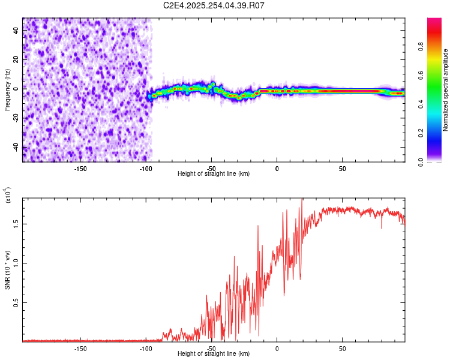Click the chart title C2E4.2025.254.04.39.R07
click(x=214, y=6)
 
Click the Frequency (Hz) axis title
click(x=7, y=90)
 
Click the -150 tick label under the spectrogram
click(x=80, y=168)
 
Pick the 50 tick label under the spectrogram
click(x=341, y=168)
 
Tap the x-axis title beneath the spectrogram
click(x=214, y=174)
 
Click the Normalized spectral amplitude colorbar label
click(x=446, y=90)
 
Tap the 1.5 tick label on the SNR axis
click(x=16, y=223)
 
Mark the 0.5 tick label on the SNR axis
click(x=16, y=303)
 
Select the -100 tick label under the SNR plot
click(x=146, y=348)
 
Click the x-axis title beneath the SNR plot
click(x=214, y=354)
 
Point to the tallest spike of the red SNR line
click(x=302, y=200)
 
